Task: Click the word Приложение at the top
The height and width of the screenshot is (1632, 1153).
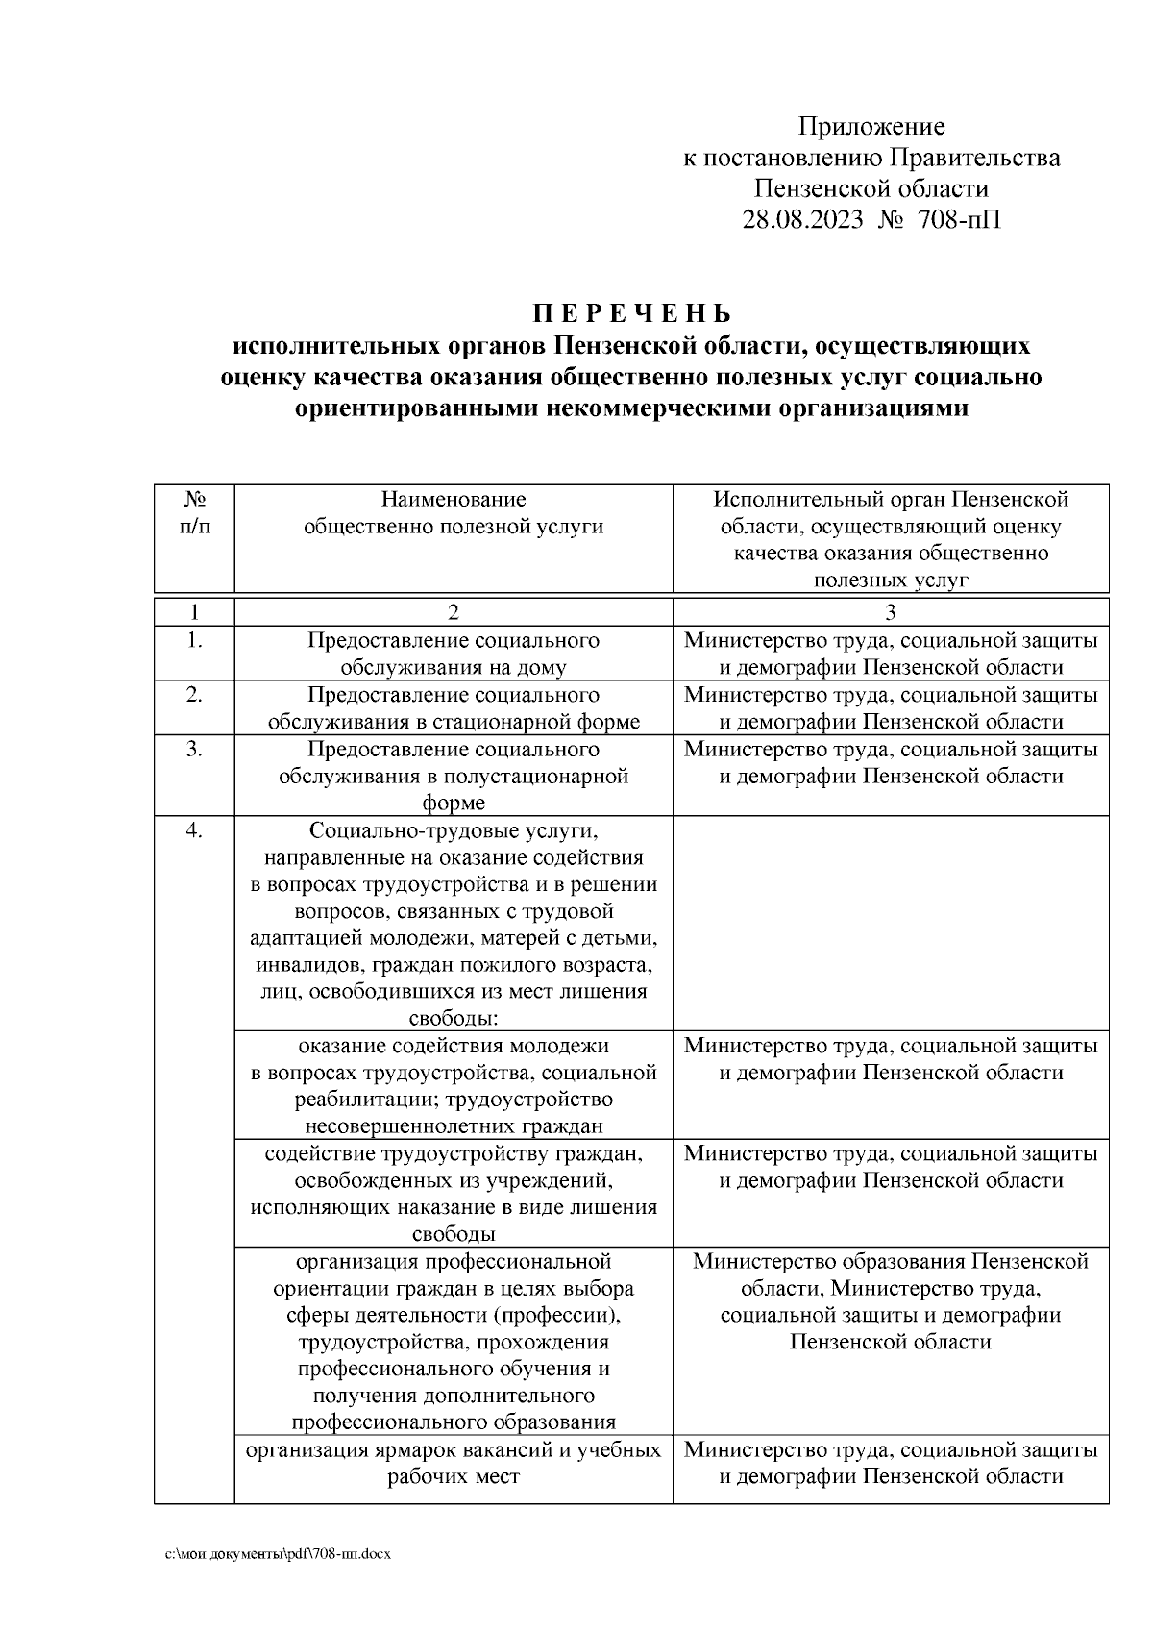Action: [871, 127]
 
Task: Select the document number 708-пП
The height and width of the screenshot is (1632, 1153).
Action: [959, 220]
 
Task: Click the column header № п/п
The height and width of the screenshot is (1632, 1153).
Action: [195, 512]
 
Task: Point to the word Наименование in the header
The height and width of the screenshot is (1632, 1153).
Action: [454, 500]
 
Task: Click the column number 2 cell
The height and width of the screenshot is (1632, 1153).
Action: [454, 612]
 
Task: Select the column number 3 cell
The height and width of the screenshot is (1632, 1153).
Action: [891, 612]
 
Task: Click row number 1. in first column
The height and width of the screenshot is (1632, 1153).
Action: [195, 640]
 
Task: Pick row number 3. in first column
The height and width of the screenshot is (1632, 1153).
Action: [195, 749]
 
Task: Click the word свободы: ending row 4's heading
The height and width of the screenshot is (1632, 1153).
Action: [454, 1019]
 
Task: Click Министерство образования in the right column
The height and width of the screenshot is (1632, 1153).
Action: [828, 1260]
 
